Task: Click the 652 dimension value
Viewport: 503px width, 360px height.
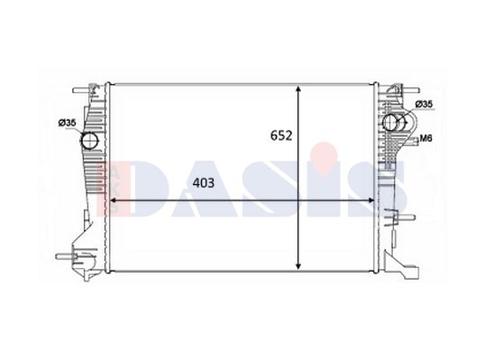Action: pos(281,135)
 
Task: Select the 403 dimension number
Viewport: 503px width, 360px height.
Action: pos(203,183)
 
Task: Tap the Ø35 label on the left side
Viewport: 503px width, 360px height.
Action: pos(67,123)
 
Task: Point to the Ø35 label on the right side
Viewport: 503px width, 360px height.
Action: pos(424,105)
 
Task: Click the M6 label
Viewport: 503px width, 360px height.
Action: pos(426,138)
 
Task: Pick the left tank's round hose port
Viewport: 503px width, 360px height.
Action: pos(89,141)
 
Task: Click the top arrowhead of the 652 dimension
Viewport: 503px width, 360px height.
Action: pos(298,89)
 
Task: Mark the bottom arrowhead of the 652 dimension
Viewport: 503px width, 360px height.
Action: pos(298,265)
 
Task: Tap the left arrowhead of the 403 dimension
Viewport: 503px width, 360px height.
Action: pos(114,200)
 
